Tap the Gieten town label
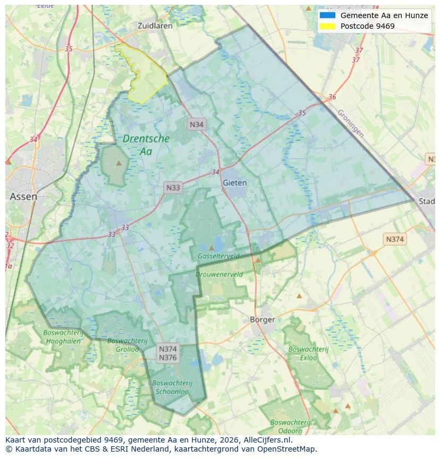pyautogui.click(x=235, y=182)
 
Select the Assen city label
pyautogui.click(x=24, y=196)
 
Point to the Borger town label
pyautogui.click(x=263, y=320)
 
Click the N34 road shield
pyautogui.click(x=197, y=124)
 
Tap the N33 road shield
pyautogui.click(x=173, y=187)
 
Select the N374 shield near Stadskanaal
pyautogui.click(x=395, y=239)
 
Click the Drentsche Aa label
pyautogui.click(x=146, y=145)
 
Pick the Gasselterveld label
pyautogui.click(x=218, y=256)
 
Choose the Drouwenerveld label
pyautogui.click(x=219, y=274)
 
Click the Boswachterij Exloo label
pyautogui.click(x=302, y=354)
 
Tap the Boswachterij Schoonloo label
pyautogui.click(x=172, y=387)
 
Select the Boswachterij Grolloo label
pyautogui.click(x=123, y=345)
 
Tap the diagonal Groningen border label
pyautogui.click(x=350, y=123)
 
